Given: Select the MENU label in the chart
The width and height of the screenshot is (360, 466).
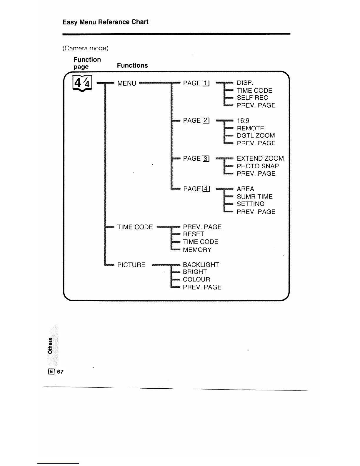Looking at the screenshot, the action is pyautogui.click(x=127, y=84).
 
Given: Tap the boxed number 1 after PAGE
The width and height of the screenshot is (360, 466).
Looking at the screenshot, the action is pyautogui.click(x=206, y=84).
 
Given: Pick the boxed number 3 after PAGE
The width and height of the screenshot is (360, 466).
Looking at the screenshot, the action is pyautogui.click(x=206, y=159).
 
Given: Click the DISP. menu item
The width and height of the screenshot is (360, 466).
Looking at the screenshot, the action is pyautogui.click(x=245, y=83).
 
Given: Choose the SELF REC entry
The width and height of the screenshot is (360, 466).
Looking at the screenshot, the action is pyautogui.click(x=252, y=98).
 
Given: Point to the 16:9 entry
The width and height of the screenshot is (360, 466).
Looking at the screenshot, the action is pyautogui.click(x=243, y=121).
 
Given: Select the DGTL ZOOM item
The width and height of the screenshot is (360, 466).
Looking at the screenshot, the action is pyautogui.click(x=256, y=136).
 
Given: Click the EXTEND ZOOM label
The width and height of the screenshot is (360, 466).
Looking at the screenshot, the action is pyautogui.click(x=260, y=159).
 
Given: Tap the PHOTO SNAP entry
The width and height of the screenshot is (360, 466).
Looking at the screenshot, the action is pyautogui.click(x=258, y=166).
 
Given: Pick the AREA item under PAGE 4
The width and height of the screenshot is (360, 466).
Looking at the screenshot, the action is pyautogui.click(x=245, y=189).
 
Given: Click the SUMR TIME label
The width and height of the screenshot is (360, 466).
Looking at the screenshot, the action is pyautogui.click(x=255, y=197).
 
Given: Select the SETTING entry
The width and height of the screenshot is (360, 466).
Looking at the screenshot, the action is pyautogui.click(x=251, y=204).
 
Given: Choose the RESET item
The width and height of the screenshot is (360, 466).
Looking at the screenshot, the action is pyautogui.click(x=194, y=234).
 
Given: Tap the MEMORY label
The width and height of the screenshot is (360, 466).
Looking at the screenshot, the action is pyautogui.click(x=197, y=250).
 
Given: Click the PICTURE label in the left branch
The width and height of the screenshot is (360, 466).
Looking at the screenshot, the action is pyautogui.click(x=131, y=265).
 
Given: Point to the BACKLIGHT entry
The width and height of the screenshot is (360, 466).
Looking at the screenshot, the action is pyautogui.click(x=201, y=265).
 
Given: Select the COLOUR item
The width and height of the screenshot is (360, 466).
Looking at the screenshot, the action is pyautogui.click(x=196, y=279).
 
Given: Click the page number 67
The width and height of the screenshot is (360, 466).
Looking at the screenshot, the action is pyautogui.click(x=60, y=372).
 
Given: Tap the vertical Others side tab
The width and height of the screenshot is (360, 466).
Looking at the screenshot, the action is pyautogui.click(x=50, y=345).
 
